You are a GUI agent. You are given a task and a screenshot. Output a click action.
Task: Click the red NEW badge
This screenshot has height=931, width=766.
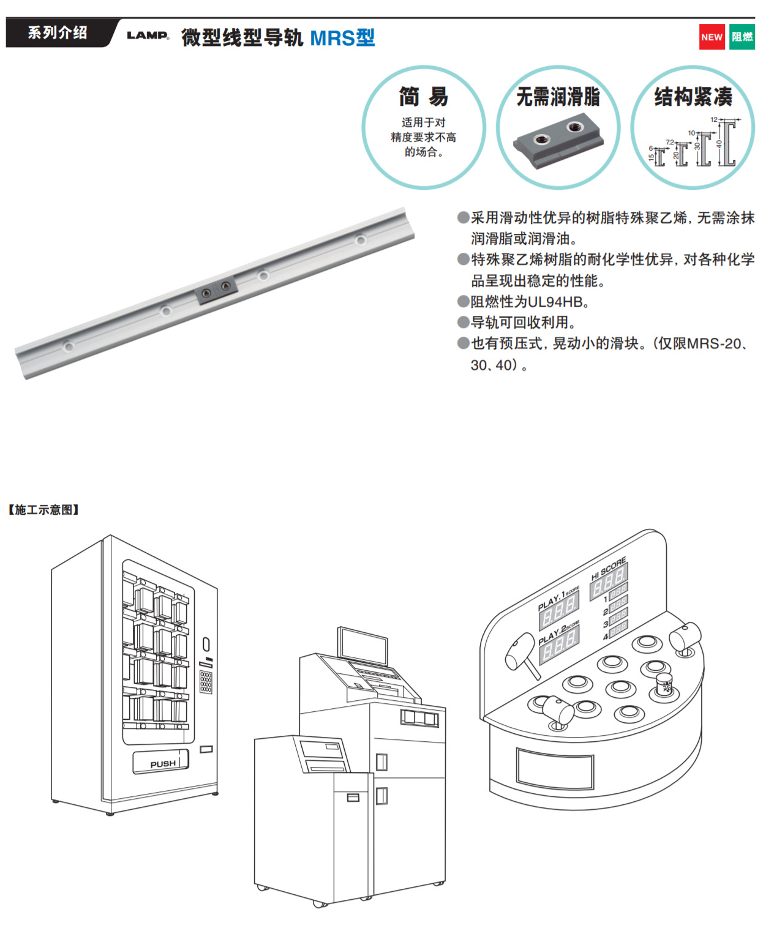tap(712, 37)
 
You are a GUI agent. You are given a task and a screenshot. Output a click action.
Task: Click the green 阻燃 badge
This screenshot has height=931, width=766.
tap(742, 37)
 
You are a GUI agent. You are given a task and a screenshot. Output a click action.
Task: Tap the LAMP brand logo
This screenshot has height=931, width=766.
tap(148, 36)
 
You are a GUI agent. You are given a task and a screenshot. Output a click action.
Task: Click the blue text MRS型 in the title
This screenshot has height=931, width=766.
tap(342, 38)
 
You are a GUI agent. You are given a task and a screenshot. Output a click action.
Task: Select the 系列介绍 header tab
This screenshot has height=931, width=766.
tap(58, 33)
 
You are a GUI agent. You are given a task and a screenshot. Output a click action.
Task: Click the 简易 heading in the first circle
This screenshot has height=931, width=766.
tap(423, 97)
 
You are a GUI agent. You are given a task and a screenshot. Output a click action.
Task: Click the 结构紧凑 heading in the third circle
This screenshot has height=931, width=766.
tap(693, 97)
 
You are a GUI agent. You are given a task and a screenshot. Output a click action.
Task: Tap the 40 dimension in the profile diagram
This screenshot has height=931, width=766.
tap(719, 144)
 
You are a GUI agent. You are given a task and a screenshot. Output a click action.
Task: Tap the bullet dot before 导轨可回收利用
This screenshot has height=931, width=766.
tap(464, 323)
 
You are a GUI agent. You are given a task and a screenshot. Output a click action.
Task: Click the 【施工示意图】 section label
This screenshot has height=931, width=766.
tap(43, 510)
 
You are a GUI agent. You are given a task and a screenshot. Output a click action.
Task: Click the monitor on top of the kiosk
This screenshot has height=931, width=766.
tap(363, 646)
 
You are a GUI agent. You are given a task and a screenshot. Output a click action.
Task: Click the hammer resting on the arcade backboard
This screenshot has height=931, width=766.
tap(521, 654)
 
